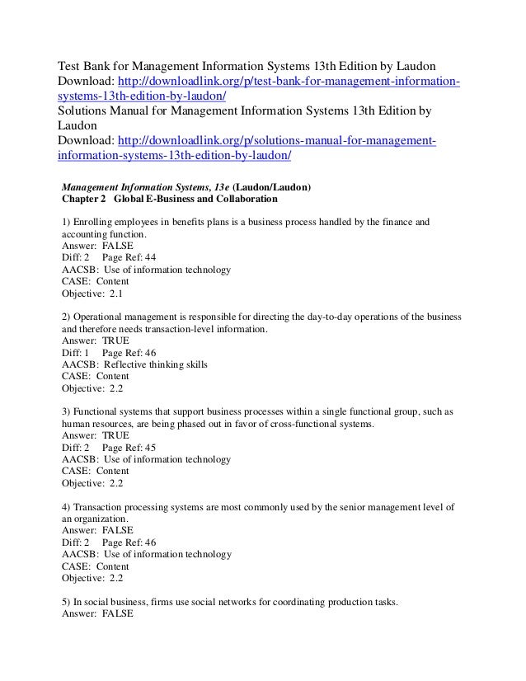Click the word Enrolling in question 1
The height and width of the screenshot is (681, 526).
[x=97, y=223]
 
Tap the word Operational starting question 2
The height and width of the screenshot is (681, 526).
[x=101, y=317]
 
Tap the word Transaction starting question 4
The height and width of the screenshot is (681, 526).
[x=100, y=507]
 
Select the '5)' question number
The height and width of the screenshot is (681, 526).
[x=68, y=603]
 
